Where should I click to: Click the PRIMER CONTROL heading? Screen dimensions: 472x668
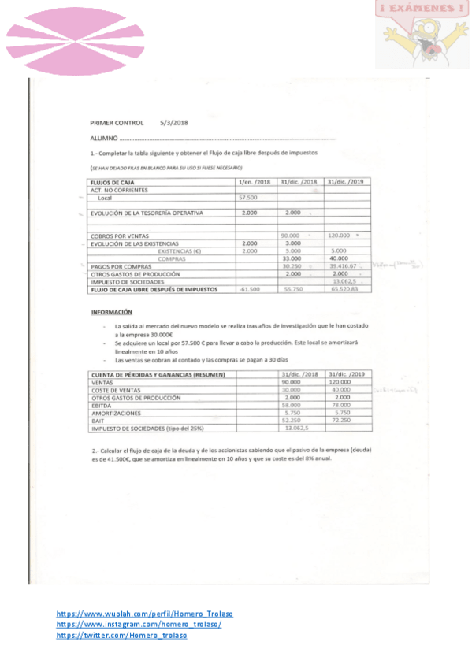[x=117, y=123]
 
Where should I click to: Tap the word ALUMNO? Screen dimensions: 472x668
[x=103, y=139]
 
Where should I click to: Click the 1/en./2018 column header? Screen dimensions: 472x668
[x=255, y=182]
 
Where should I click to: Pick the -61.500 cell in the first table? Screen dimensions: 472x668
[x=249, y=289]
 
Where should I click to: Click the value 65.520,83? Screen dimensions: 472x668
[x=345, y=289]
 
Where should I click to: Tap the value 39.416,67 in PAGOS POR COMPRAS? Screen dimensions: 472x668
[x=345, y=266]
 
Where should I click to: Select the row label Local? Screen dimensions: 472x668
[x=106, y=198]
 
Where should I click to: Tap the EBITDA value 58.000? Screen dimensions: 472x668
[x=292, y=405]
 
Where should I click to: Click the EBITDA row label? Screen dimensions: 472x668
[x=103, y=405]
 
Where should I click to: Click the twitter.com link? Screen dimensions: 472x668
[x=122, y=636]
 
